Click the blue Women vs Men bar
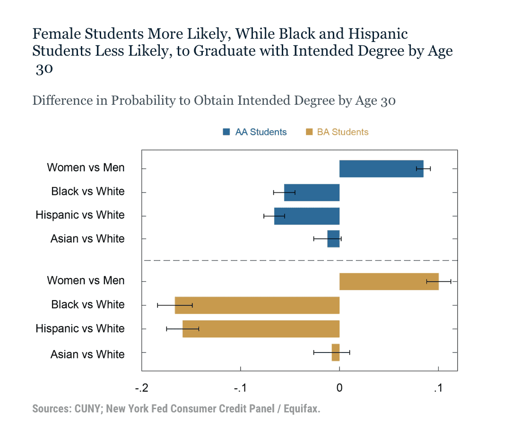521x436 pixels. pyautogui.click(x=381, y=168)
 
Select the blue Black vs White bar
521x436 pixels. pyautogui.click(x=312, y=193)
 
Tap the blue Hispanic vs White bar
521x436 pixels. pyautogui.click(x=306, y=216)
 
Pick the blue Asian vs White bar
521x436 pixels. pyautogui.click(x=333, y=239)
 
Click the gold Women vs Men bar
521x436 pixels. pyautogui.click(x=389, y=281)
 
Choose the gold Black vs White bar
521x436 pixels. pyautogui.click(x=257, y=305)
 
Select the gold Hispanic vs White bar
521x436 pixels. pyautogui.click(x=260, y=328)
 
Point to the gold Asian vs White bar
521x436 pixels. pyautogui.click(x=335, y=352)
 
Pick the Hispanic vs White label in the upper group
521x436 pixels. pyautogui.click(x=80, y=215)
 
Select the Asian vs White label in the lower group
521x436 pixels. pyautogui.click(x=87, y=354)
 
